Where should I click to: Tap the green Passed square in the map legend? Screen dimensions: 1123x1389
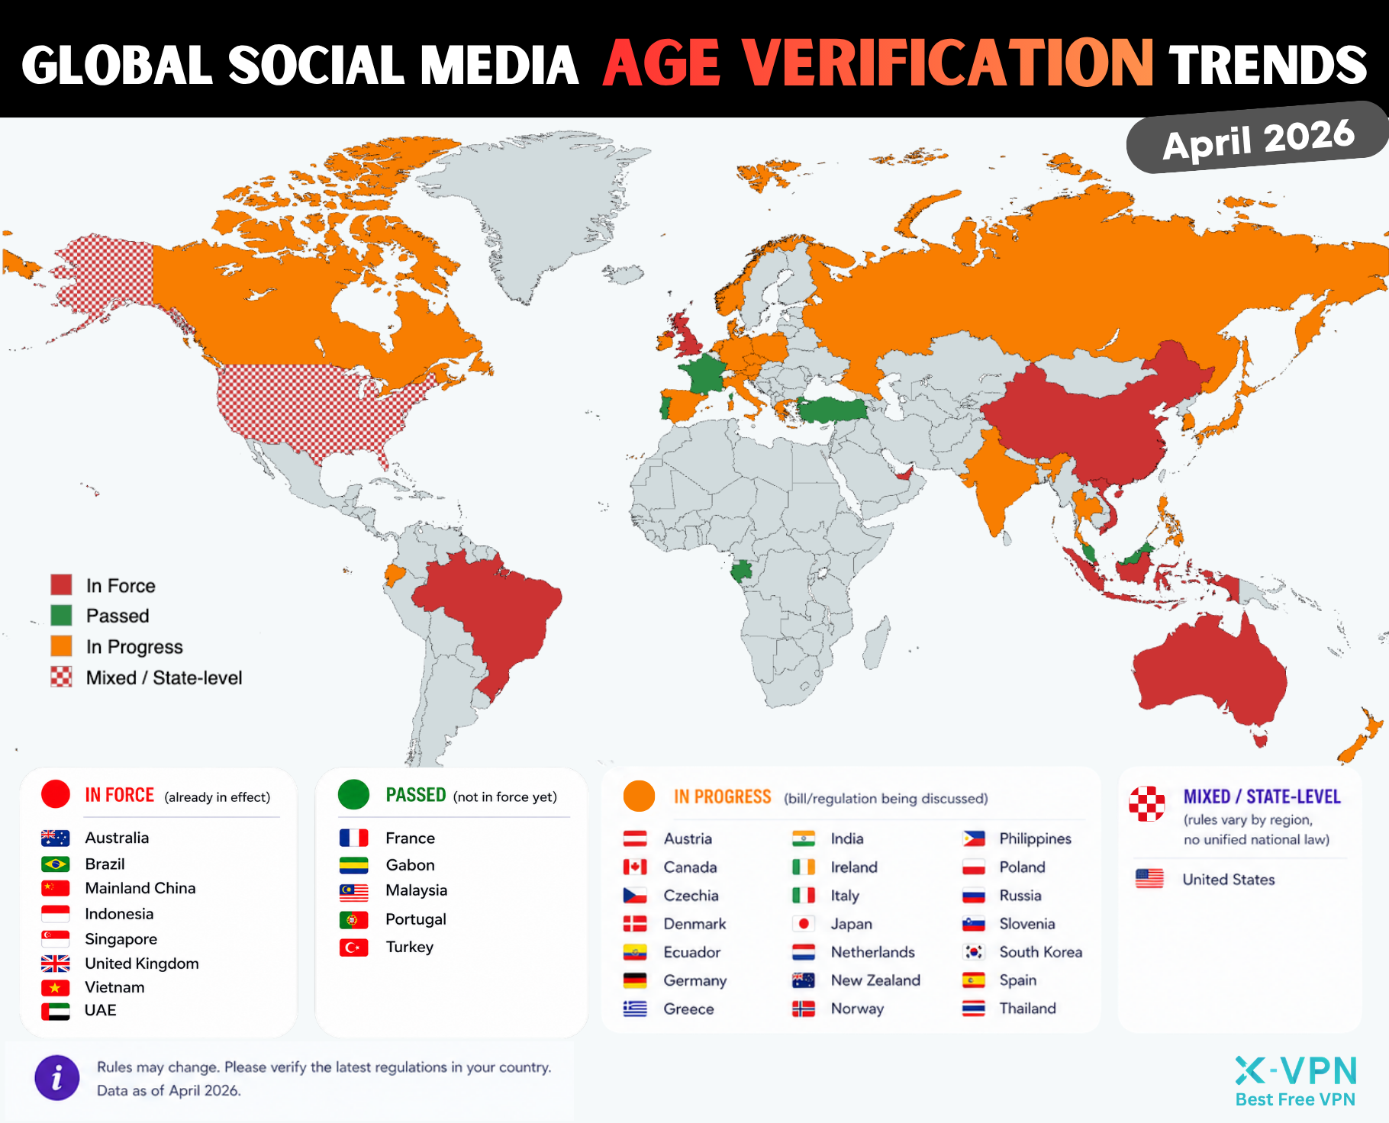coord(61,616)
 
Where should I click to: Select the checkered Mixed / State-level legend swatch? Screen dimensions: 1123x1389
coord(61,677)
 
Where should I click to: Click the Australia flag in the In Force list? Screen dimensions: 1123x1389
coord(55,838)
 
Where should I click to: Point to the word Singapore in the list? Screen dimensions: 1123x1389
coord(121,939)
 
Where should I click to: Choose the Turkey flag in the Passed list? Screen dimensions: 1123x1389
coord(353,948)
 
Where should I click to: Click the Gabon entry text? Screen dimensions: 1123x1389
coord(410,865)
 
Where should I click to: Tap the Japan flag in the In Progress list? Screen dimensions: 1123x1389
coord(803,924)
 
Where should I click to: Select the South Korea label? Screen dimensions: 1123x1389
coord(1040,952)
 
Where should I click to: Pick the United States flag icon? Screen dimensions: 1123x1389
coord(1149,879)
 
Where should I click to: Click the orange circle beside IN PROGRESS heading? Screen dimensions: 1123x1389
coord(639,796)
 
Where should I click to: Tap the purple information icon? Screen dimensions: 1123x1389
coord(56,1078)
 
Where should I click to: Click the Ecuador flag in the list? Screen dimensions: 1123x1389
coord(635,952)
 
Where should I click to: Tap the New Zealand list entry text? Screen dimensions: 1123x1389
coord(875,980)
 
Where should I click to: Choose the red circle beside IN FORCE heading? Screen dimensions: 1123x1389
coord(56,794)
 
